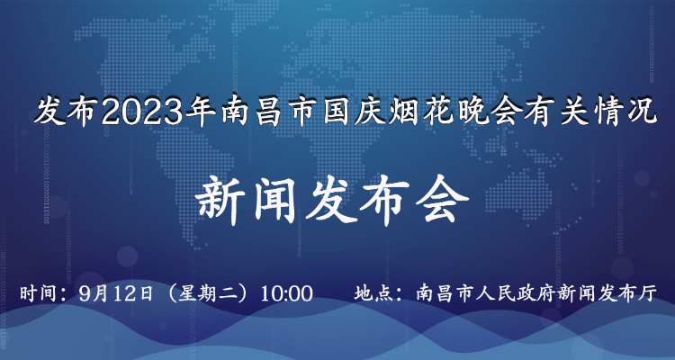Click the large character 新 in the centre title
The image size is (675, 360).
point(220,202)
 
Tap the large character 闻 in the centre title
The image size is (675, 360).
point(275,202)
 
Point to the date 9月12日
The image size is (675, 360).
point(117,293)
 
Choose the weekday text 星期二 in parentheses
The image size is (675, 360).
point(206,293)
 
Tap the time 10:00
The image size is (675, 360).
point(286,293)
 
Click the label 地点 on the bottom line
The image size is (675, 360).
point(373,293)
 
